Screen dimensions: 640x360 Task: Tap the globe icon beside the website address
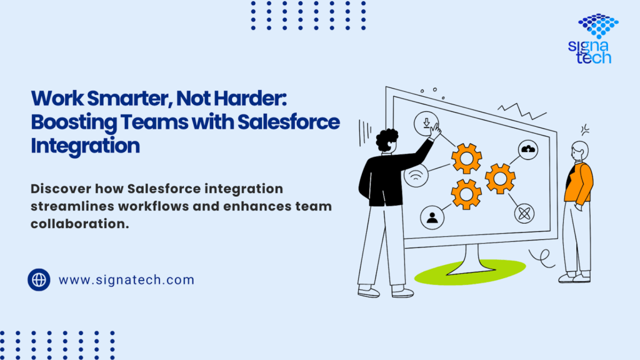point(39,279)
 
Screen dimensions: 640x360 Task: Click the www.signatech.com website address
point(126,280)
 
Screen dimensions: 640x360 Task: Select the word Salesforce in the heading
point(289,122)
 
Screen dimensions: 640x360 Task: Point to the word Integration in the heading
point(85,146)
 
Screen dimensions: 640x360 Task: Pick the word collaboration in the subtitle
point(79,224)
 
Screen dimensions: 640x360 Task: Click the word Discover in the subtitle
point(61,189)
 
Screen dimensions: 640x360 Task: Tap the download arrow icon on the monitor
point(426,122)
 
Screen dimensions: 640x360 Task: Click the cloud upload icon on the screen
point(528,150)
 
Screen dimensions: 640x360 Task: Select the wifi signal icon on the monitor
point(416,176)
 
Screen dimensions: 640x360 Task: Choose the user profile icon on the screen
point(432,217)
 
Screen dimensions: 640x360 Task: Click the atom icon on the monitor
point(524,214)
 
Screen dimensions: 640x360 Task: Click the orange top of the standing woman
point(579,182)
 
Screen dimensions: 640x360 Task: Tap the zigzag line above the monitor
point(521,111)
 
